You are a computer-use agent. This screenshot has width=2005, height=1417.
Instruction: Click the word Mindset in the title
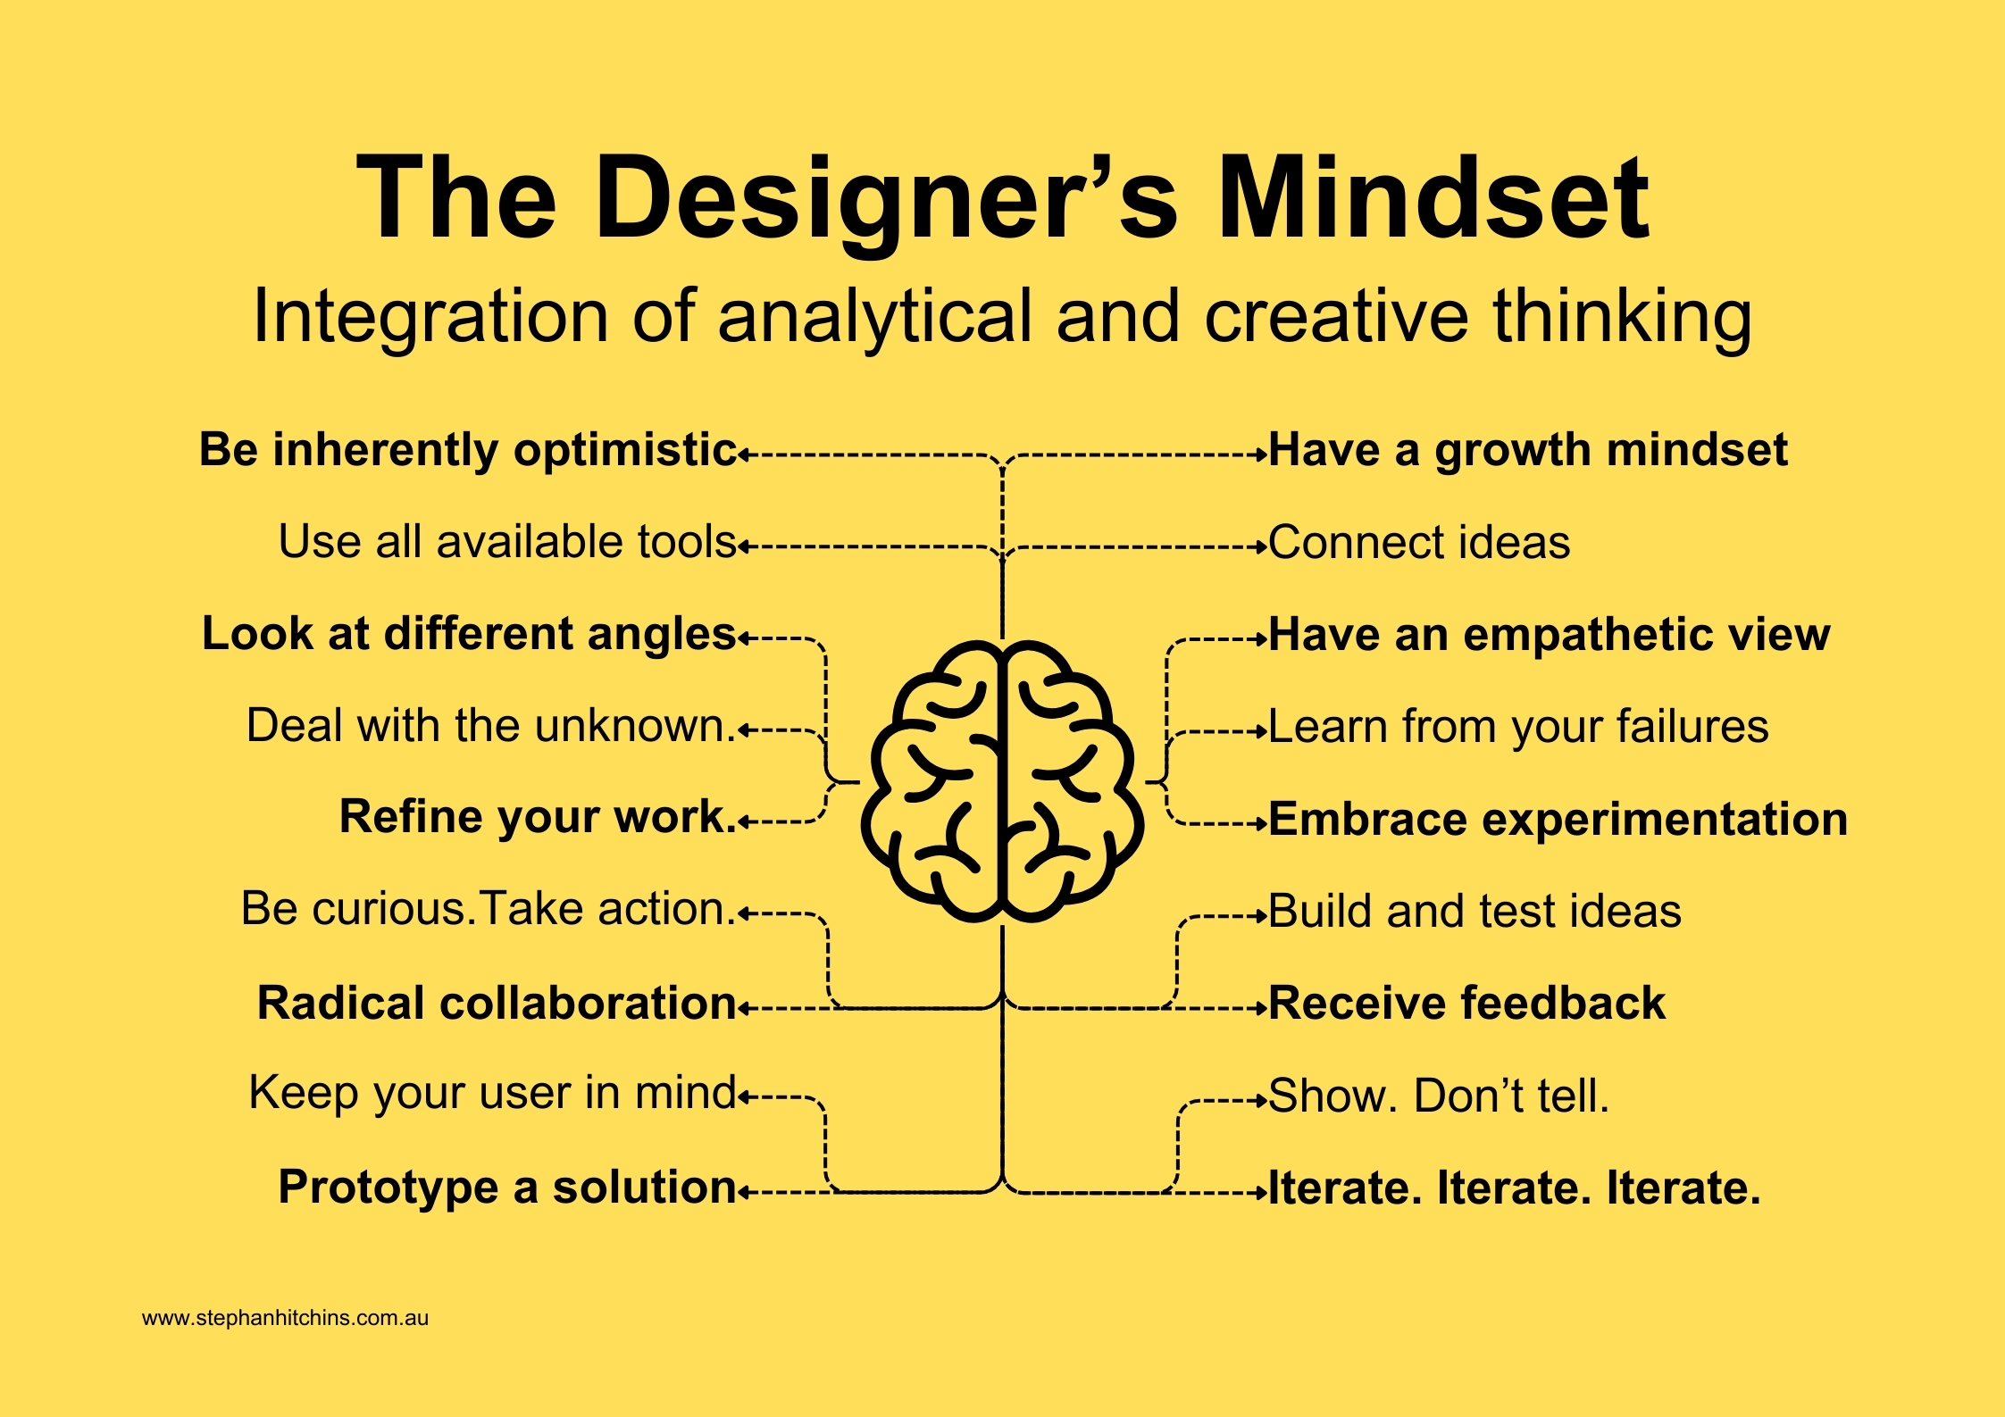click(x=1433, y=197)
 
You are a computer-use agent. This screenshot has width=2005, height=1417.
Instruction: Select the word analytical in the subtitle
click(x=874, y=318)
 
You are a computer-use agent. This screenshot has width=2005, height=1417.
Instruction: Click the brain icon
click(x=1002, y=781)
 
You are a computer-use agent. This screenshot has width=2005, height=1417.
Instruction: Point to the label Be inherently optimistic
click(x=468, y=450)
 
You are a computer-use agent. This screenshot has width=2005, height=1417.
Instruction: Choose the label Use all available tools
click(x=507, y=542)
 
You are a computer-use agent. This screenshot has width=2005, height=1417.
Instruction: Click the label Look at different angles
click(x=469, y=635)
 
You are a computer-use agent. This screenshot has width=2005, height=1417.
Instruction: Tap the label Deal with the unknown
click(x=490, y=725)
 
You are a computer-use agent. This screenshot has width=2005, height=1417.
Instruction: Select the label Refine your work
click(x=538, y=817)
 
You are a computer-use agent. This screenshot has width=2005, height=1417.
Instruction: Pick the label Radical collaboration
click(x=497, y=1003)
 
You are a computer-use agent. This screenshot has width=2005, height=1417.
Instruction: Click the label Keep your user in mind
click(x=492, y=1094)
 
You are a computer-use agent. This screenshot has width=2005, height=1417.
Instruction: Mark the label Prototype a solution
click(x=507, y=1188)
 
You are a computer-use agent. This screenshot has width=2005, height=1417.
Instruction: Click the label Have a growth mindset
click(x=1528, y=451)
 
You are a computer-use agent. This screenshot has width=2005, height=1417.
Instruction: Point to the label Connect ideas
click(x=1419, y=543)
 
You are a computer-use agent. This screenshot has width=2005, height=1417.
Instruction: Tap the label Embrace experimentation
click(x=1558, y=820)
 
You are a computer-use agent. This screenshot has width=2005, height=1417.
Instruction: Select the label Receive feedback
click(x=1466, y=1004)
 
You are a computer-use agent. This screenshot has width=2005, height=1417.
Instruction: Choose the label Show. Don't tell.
click(x=1438, y=1096)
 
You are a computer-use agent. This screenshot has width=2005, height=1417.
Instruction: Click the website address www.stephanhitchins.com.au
click(x=286, y=1318)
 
